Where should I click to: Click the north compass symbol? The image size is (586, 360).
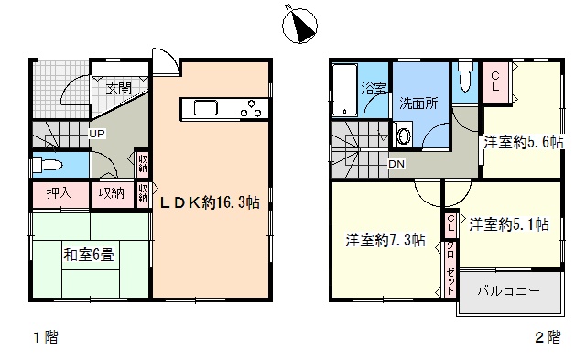point(299,25)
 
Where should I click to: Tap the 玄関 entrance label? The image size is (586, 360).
point(119,89)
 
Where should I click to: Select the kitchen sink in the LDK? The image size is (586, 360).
point(205,108)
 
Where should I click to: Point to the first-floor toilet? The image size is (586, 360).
point(47,164)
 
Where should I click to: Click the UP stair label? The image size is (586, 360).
point(97,134)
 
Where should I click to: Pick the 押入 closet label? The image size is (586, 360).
point(59,193)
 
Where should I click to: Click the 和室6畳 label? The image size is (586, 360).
point(89,256)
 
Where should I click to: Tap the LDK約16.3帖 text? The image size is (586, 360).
point(210,202)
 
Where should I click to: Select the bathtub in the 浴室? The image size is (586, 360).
point(344,90)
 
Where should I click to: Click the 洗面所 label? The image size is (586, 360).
point(418,104)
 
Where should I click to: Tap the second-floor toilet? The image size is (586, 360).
point(465,77)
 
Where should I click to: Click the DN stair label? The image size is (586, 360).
point(396,164)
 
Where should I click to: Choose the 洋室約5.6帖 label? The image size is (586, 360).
point(524,142)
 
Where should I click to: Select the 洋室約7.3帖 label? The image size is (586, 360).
point(385,240)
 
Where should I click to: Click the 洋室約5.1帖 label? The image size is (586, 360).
point(509,224)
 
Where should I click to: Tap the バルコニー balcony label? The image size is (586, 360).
point(509,291)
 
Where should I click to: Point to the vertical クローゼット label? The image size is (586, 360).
point(450,268)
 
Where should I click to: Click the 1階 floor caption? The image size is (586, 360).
point(46,338)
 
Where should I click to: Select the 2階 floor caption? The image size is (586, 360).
point(548,338)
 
